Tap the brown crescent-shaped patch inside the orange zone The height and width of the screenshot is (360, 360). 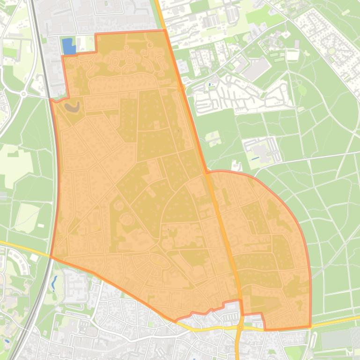[x=72, y=107]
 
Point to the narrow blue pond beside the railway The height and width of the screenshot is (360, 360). [x=55, y=282]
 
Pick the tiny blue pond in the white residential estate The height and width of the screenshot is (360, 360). [x=209, y=85]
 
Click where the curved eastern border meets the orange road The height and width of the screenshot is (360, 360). [x=206, y=173]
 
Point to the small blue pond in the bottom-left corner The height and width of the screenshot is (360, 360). [x=7, y=341]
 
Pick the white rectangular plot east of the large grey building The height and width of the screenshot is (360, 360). [x=293, y=56]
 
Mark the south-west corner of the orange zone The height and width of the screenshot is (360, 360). [x=51, y=257]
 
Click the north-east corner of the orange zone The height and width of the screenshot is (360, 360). [x=164, y=30]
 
